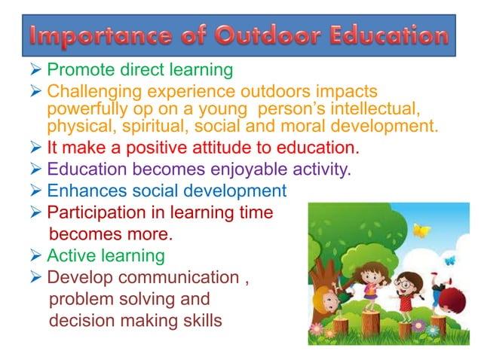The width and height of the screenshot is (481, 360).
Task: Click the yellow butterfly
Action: pyautogui.click(x=421, y=230)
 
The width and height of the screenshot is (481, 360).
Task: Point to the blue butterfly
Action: pyautogui.click(x=449, y=261)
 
